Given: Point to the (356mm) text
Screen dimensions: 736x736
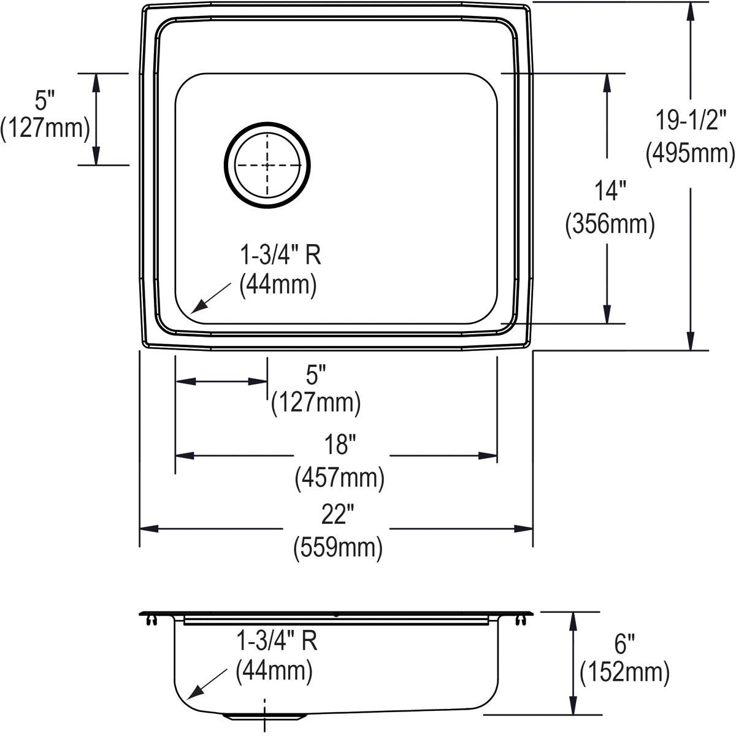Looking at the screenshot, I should click(609, 224).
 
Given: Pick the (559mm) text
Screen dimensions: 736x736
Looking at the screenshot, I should click(339, 546).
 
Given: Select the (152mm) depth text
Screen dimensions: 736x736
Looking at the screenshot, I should click(624, 673).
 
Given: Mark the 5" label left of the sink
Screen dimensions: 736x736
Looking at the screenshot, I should click(44, 97).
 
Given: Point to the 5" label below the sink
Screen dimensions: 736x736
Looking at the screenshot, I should click(315, 372).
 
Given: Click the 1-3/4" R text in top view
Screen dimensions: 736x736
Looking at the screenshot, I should click(280, 255).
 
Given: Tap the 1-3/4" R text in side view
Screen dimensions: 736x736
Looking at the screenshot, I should click(277, 642).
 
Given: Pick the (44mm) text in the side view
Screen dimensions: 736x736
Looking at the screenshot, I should click(275, 673).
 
